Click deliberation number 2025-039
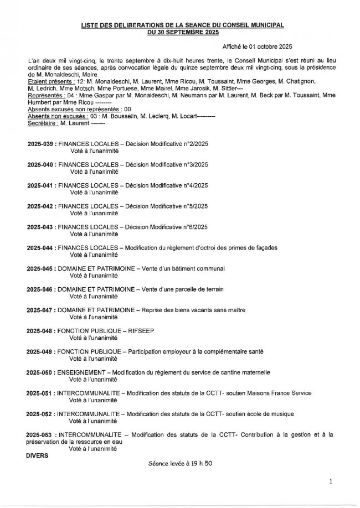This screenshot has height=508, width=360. pyautogui.click(x=40, y=144)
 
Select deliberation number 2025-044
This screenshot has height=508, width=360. pyautogui.click(x=40, y=247)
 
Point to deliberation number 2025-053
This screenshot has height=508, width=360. pyautogui.click(x=40, y=434)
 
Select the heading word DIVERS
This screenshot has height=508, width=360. pyautogui.click(x=38, y=455)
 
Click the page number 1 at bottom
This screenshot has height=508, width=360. pyautogui.click(x=331, y=482)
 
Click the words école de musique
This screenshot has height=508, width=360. pyautogui.click(x=268, y=414)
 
